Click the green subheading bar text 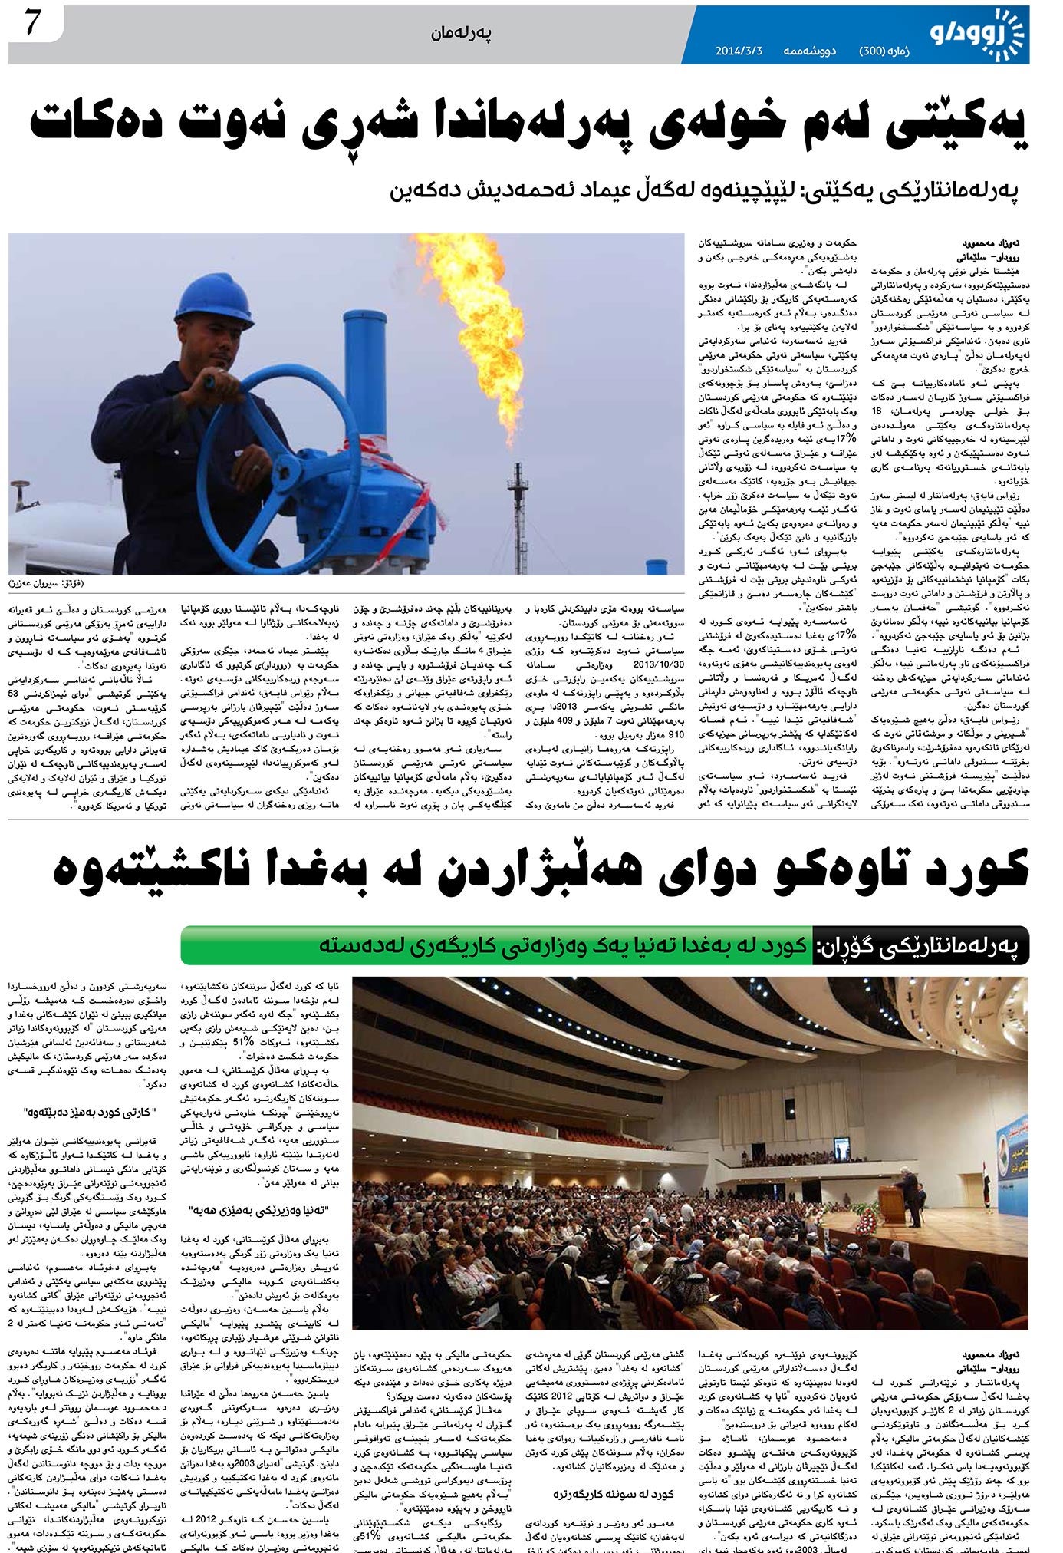564,946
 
